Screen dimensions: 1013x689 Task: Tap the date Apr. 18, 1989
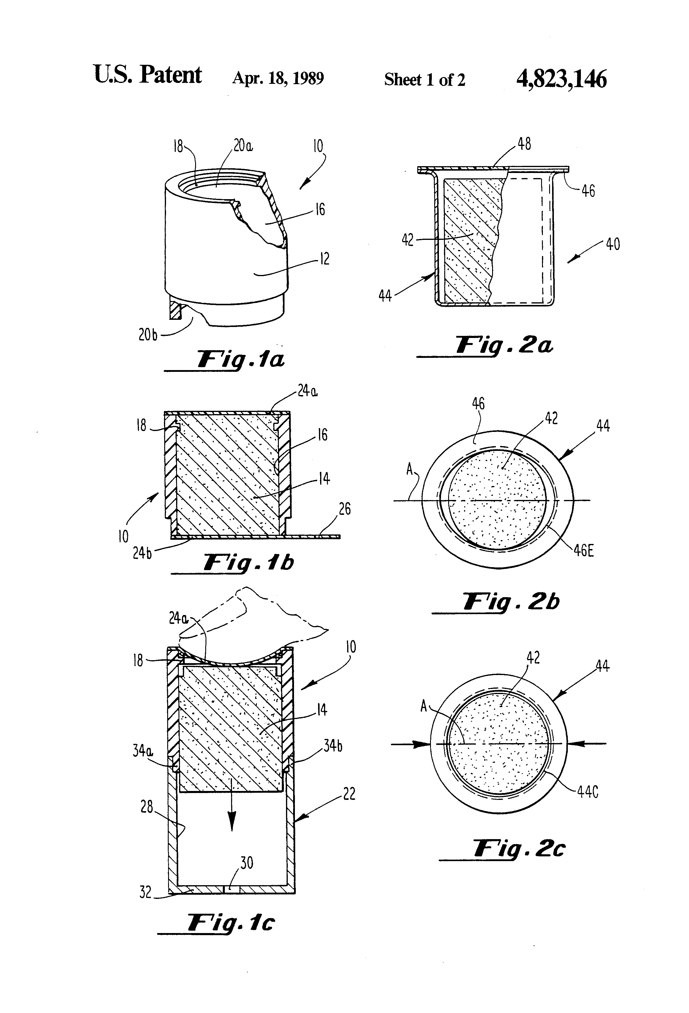pos(278,78)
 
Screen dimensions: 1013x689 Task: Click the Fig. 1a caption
pos(241,360)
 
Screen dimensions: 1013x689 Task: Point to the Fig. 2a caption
pos(504,346)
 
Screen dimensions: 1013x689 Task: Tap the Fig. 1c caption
pos(231,922)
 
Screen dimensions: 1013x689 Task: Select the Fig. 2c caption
pos(519,849)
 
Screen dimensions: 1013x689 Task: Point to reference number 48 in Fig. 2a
pos(524,144)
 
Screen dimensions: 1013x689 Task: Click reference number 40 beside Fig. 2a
pos(613,244)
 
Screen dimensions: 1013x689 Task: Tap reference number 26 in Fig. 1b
pos(344,509)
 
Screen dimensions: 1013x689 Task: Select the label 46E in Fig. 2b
pos(584,550)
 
